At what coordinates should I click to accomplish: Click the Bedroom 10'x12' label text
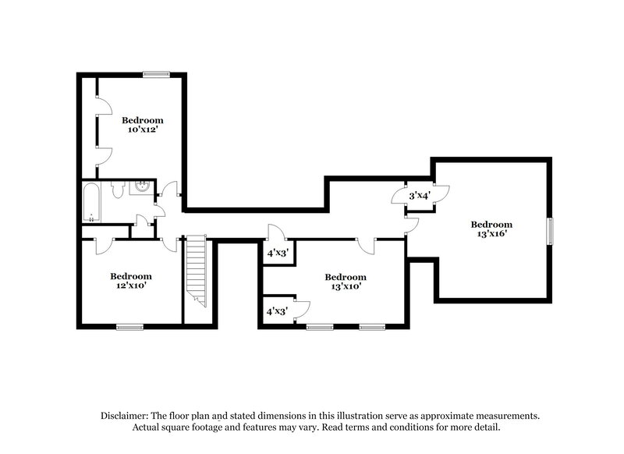pos(142,125)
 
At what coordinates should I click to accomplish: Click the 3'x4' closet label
pos(420,196)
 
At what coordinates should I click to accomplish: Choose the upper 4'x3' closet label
pos(278,253)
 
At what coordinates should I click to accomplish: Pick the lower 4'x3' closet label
pos(278,310)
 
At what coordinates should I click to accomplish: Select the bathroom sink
pos(143,187)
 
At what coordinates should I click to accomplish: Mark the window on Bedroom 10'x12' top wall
pos(156,75)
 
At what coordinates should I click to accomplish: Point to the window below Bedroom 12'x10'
pos(130,326)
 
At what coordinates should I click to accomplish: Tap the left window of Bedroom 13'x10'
pos(320,326)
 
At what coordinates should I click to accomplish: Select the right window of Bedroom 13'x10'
pos(372,326)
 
